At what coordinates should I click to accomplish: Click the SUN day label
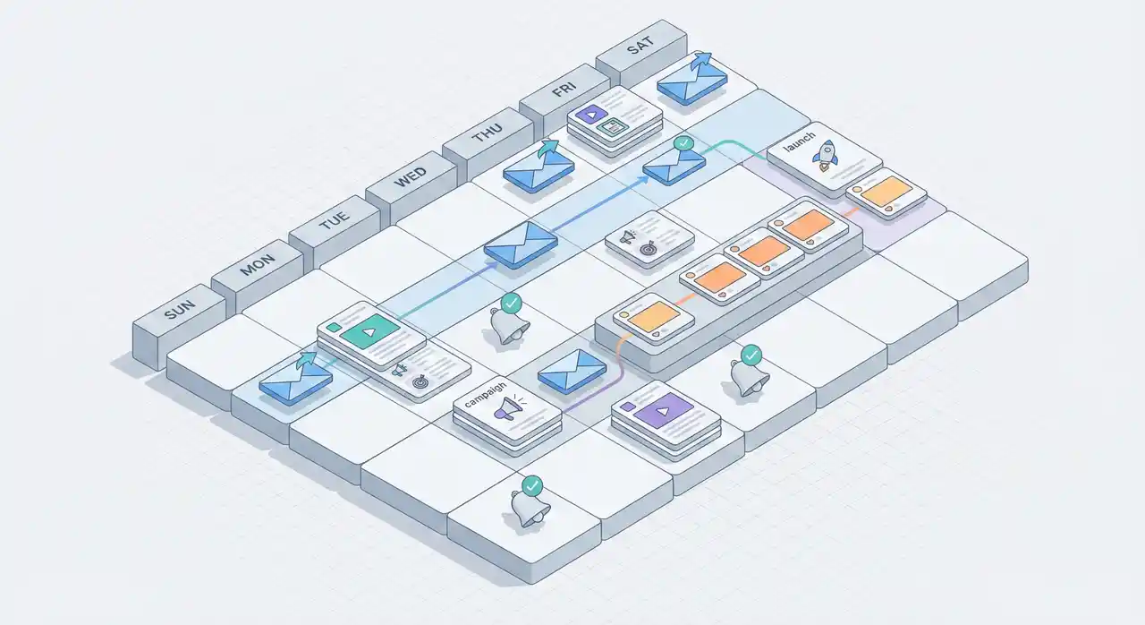(180, 313)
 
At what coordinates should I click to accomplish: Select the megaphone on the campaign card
(506, 409)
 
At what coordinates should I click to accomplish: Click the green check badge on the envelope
(683, 142)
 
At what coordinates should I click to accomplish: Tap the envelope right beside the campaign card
(572, 369)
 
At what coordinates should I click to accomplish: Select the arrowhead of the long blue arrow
(644, 178)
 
